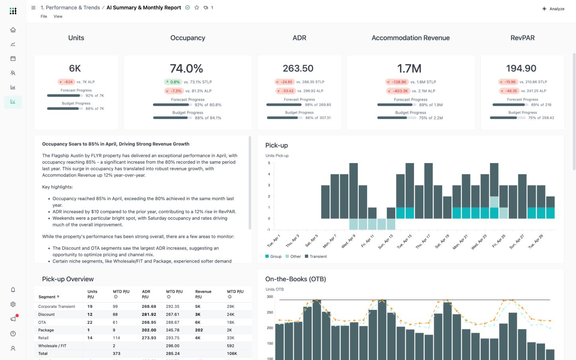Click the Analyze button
(x=553, y=9)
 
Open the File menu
(x=44, y=16)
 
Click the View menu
(x=58, y=16)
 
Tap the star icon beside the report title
(x=197, y=8)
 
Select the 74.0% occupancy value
(x=186, y=68)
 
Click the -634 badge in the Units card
(x=66, y=82)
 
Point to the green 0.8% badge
(x=173, y=82)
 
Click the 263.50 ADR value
(x=298, y=68)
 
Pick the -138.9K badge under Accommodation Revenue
(x=396, y=82)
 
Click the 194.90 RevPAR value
(x=521, y=68)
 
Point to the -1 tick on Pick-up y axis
(x=268, y=230)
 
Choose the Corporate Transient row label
(x=57, y=307)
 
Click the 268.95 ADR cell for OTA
(x=149, y=322)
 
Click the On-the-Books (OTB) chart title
(x=295, y=279)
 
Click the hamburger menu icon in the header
(x=33, y=8)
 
